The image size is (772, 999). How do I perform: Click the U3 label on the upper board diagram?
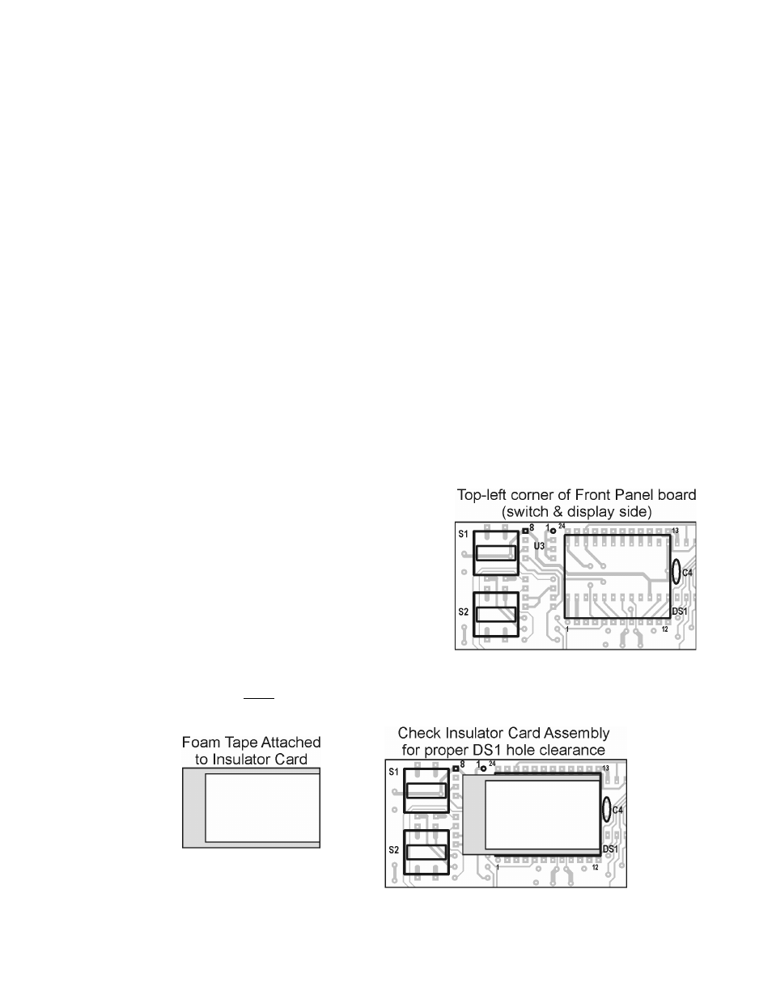pyautogui.click(x=539, y=546)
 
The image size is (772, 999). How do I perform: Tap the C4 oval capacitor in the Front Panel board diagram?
pyautogui.click(x=676, y=572)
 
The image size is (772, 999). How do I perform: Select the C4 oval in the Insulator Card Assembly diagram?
pyautogui.click(x=606, y=810)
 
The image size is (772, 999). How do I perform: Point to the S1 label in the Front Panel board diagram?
pyautogui.click(x=463, y=534)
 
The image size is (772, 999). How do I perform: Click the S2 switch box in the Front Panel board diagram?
pyautogui.click(x=496, y=614)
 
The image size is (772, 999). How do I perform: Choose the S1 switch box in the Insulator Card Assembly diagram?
pyautogui.click(x=426, y=791)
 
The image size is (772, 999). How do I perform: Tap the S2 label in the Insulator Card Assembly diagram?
pyautogui.click(x=393, y=850)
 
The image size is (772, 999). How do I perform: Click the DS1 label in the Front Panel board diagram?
pyautogui.click(x=680, y=612)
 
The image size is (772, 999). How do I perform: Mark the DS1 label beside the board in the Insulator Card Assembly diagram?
pyautogui.click(x=610, y=849)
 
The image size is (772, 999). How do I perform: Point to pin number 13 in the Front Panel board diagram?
pyautogui.click(x=675, y=531)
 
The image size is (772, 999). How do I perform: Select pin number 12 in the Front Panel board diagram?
pyautogui.click(x=664, y=629)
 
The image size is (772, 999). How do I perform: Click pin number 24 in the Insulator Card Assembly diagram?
pyautogui.click(x=492, y=764)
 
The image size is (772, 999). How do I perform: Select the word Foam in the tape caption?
pyautogui.click(x=201, y=742)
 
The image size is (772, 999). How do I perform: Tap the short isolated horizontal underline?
pyautogui.click(x=259, y=698)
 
